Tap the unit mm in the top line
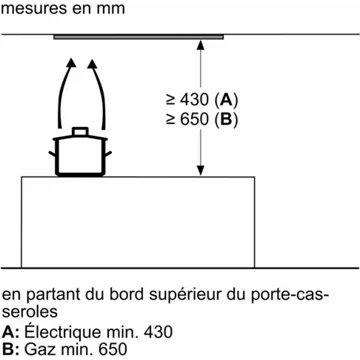point(111,8)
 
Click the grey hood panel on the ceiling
point(138,37)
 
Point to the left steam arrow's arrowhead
point(71,63)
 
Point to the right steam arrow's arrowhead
point(92,63)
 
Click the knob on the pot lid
point(80,131)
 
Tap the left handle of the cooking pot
point(52,154)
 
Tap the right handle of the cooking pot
point(108,154)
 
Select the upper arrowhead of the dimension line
point(200,45)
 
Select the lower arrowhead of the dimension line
point(200,170)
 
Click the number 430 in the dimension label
point(194,100)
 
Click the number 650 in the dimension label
point(194,120)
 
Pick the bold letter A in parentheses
point(227,100)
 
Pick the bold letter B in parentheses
point(227,120)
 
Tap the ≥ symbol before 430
point(170,101)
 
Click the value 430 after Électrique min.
point(159,333)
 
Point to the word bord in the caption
point(128,295)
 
